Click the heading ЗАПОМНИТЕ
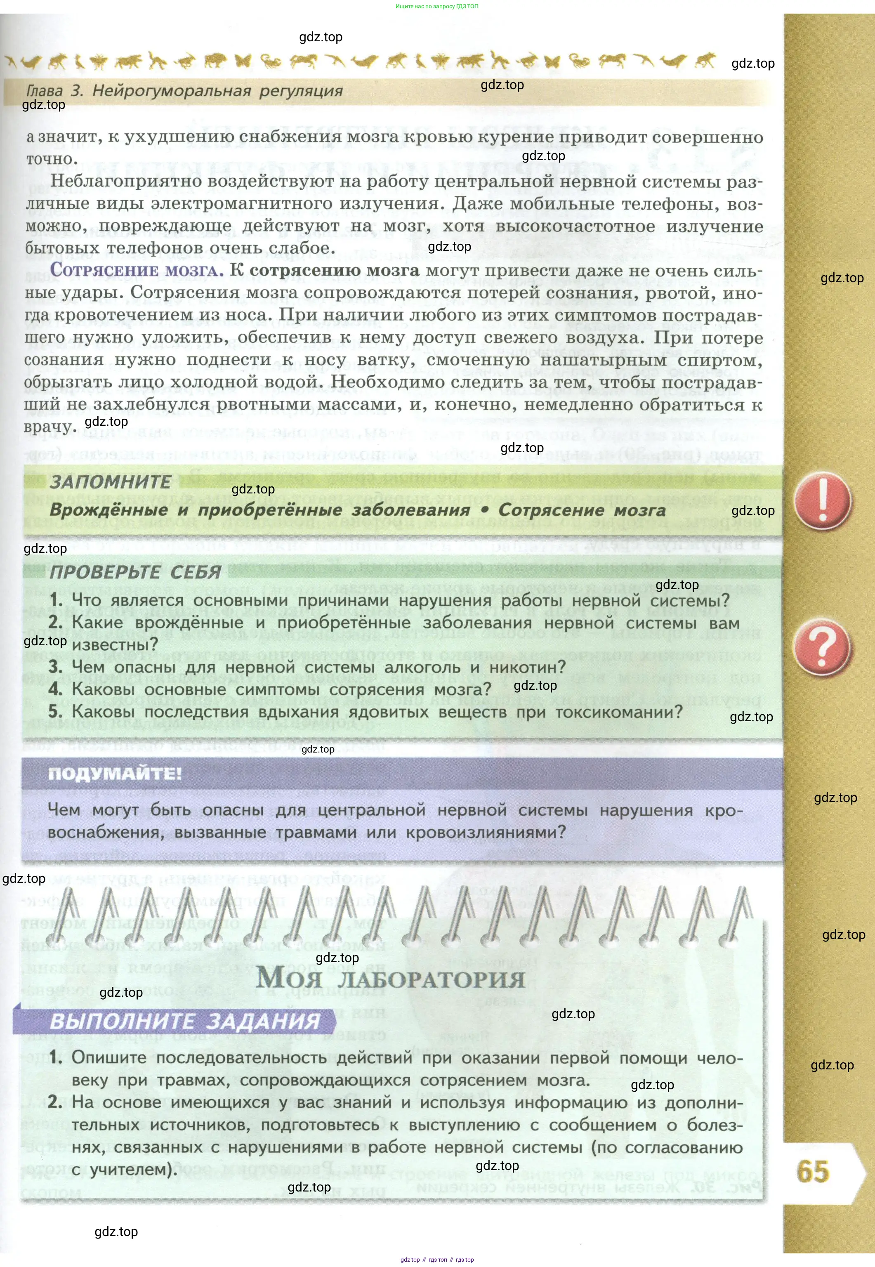click(x=110, y=482)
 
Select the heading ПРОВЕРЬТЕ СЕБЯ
click(x=135, y=572)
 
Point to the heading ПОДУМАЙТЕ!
click(x=115, y=774)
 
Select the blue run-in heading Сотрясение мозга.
click(x=137, y=270)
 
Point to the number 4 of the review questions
click(x=55, y=689)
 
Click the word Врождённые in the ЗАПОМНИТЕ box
click(x=108, y=510)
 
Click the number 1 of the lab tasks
click(x=55, y=1057)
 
